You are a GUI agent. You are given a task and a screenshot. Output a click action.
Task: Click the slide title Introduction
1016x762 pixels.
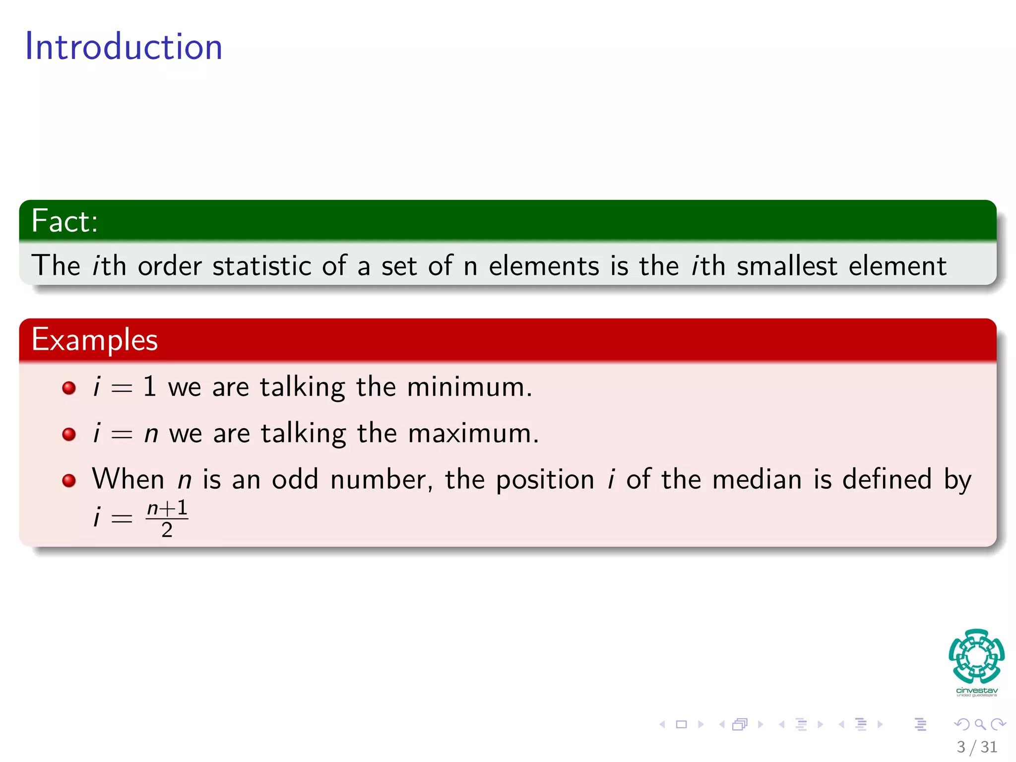tap(124, 47)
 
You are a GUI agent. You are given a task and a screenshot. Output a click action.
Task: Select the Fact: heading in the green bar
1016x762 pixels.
tap(64, 221)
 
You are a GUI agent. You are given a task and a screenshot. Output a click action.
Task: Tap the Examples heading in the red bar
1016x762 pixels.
tap(94, 340)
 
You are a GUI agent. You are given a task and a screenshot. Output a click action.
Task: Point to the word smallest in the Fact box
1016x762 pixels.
tap(787, 266)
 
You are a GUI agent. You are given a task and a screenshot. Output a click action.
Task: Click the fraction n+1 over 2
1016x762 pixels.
tap(167, 519)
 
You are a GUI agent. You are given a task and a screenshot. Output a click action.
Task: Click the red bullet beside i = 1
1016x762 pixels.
tap(69, 387)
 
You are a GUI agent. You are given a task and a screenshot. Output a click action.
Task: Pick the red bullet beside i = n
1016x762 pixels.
tap(69, 434)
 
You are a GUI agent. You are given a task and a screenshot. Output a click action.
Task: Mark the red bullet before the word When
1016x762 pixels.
tap(69, 480)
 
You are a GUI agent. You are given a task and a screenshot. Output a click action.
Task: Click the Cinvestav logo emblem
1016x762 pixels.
tap(976, 657)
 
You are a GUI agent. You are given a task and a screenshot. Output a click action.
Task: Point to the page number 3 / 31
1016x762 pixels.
tap(976, 747)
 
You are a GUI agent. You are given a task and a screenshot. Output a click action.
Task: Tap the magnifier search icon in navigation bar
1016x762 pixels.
tap(980, 724)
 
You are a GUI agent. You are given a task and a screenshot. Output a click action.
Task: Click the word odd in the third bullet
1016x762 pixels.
tap(295, 480)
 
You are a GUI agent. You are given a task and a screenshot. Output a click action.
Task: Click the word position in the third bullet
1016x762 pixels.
tap(545, 480)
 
